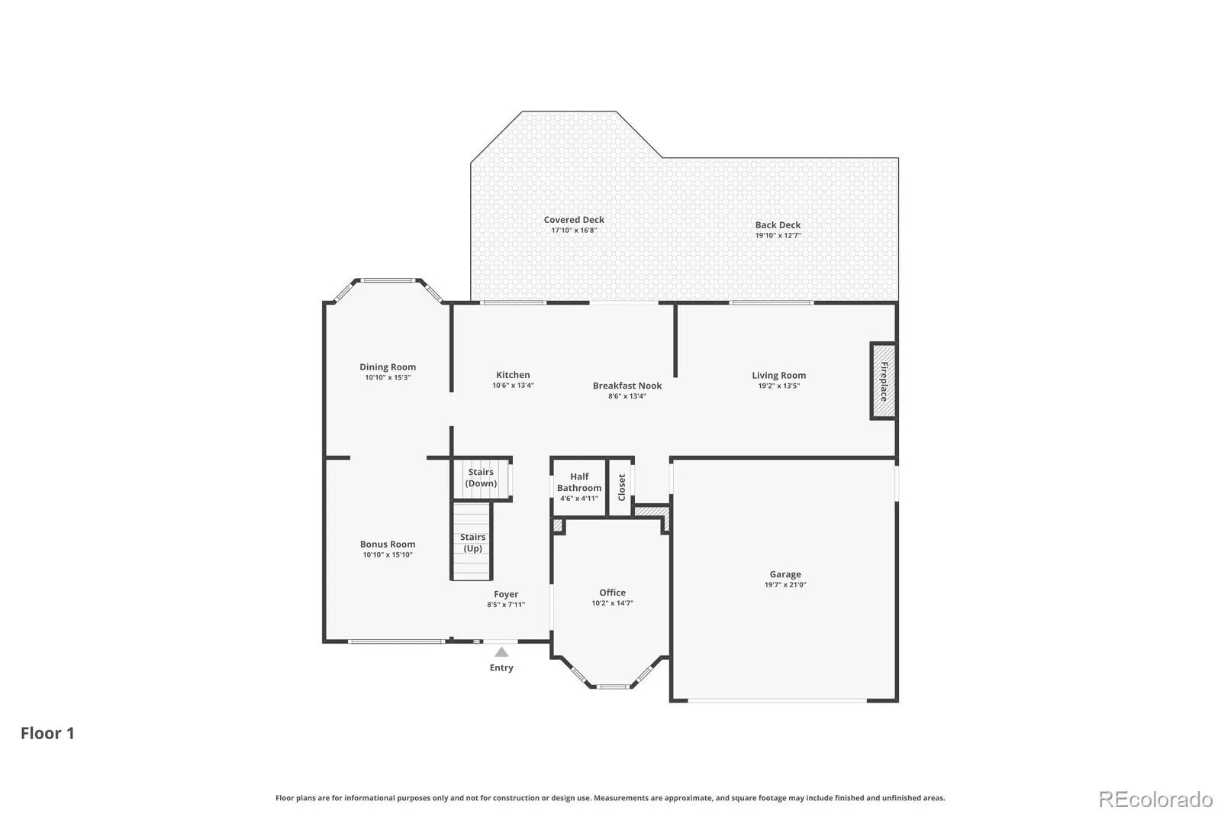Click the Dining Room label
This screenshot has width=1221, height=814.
click(388, 367)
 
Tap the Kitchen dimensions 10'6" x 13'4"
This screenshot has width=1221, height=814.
click(513, 386)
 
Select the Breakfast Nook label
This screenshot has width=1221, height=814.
click(627, 386)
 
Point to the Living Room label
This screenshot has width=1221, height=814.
click(779, 376)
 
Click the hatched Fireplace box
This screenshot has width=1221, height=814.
click(883, 381)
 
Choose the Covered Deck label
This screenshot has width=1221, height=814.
click(574, 220)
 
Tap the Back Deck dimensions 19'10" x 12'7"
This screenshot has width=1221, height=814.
click(778, 236)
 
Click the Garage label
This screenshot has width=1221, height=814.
click(785, 574)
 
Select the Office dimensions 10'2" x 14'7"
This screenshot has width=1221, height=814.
click(613, 603)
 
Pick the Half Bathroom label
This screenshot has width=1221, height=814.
click(579, 483)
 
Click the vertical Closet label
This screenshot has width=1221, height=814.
click(621, 487)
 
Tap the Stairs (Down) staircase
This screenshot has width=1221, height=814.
click(482, 479)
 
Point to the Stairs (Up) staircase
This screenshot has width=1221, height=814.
click(472, 541)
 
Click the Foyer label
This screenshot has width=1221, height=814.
click(506, 595)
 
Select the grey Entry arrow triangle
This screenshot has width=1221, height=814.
click(501, 652)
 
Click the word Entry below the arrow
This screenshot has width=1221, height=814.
click(501, 668)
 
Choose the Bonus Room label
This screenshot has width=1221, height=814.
click(388, 544)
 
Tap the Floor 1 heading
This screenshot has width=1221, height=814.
click(47, 733)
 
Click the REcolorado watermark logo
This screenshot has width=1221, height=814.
click(1155, 799)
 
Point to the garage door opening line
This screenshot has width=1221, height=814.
click(778, 700)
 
